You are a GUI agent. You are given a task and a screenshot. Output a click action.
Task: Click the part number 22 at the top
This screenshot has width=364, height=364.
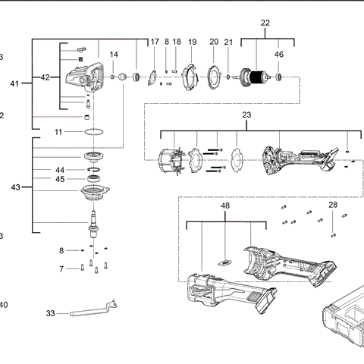click(265, 24)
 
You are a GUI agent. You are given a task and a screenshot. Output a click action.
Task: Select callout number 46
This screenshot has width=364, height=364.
click(279, 55)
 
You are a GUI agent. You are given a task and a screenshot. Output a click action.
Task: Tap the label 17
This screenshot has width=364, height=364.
click(155, 42)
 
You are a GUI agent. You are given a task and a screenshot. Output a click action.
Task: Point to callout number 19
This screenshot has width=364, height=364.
click(192, 42)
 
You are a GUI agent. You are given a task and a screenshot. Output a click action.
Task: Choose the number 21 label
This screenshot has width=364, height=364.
click(228, 42)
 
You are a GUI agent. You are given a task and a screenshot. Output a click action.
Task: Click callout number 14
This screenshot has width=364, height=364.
click(114, 55)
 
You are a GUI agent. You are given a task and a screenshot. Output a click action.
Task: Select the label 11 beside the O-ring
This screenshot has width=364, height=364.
click(58, 132)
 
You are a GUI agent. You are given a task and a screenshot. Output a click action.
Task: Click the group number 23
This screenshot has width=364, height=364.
click(246, 115)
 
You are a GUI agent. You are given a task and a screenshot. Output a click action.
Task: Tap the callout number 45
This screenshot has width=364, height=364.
click(59, 179)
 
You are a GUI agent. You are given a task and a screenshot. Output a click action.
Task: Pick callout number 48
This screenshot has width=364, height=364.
click(224, 206)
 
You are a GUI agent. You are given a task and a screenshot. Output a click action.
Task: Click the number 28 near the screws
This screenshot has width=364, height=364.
click(333, 205)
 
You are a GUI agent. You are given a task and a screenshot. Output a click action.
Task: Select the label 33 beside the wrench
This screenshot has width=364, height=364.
click(51, 312)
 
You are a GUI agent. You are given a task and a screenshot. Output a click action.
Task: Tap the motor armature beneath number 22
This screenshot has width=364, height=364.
click(257, 76)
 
